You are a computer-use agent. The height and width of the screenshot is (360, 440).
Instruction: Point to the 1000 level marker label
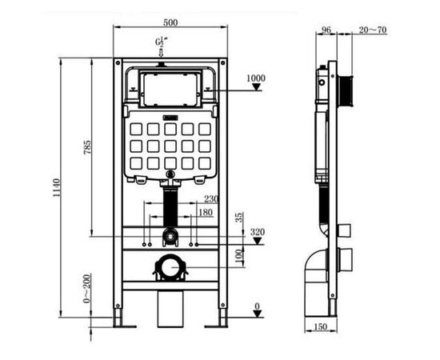(256, 78)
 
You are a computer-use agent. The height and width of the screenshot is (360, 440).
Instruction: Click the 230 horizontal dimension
(211, 199)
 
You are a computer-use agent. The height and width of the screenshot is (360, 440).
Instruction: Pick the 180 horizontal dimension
(206, 213)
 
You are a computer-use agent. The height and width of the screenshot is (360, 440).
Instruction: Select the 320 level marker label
(256, 233)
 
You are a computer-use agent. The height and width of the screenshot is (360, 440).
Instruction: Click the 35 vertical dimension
(239, 218)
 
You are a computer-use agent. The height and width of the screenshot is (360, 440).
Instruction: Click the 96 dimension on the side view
(326, 30)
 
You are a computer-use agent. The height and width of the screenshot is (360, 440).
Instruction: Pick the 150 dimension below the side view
(321, 327)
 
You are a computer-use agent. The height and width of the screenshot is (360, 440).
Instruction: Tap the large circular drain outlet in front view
(169, 266)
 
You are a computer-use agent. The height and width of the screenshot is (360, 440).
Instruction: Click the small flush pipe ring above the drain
(169, 236)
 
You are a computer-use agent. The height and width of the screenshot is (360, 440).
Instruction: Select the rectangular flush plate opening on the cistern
(169, 89)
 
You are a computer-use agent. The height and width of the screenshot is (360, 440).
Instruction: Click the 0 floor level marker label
(257, 306)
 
